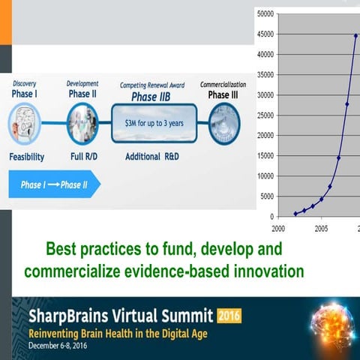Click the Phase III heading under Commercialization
(x=223, y=94)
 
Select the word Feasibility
(x=27, y=157)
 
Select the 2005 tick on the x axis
(x=321, y=229)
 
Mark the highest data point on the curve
(x=355, y=35)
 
